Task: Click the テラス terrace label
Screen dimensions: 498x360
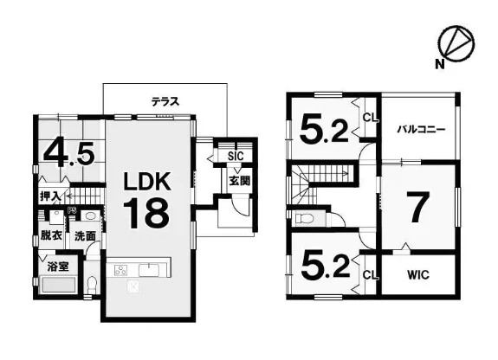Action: (165, 101)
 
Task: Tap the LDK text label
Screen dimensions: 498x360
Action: (147, 181)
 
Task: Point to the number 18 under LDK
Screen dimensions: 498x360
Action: (146, 213)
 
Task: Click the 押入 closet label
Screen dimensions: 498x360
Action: (50, 196)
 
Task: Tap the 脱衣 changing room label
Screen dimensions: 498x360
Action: (51, 235)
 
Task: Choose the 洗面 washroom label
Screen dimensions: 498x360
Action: (85, 236)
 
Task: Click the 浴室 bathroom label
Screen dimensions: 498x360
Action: (58, 266)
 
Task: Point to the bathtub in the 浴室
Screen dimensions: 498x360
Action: (59, 285)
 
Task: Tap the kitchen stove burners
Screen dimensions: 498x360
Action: (120, 271)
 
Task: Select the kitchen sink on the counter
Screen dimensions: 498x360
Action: (149, 270)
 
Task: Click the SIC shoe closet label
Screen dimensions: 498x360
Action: (236, 156)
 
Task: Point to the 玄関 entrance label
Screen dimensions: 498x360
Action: (239, 181)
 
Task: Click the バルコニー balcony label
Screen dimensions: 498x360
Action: (422, 129)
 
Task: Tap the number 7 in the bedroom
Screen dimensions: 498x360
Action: (418, 208)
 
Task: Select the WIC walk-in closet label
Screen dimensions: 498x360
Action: (418, 274)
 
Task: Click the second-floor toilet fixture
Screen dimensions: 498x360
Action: (304, 218)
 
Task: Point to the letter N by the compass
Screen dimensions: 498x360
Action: (440, 65)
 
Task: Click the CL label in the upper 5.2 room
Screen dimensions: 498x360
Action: (371, 118)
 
